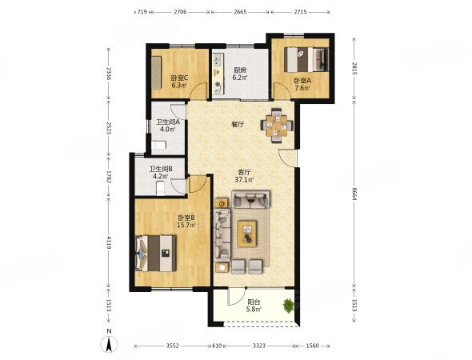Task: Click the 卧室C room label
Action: tap(179, 78)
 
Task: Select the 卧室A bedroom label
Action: tap(302, 81)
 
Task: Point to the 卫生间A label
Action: tap(168, 122)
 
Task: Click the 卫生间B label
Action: tap(161, 170)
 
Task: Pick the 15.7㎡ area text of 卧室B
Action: tap(186, 225)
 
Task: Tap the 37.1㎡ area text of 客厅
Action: tap(244, 180)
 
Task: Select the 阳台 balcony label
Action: tap(254, 302)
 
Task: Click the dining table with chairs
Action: tap(277, 126)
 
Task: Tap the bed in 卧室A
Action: tap(306, 59)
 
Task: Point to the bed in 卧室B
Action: tap(156, 254)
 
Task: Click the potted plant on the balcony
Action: tap(288, 306)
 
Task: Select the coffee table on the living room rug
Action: tap(247, 234)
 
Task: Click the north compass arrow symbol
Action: tap(109, 344)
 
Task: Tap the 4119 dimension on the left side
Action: tap(109, 242)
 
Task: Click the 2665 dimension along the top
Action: tap(240, 12)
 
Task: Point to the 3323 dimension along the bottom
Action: tap(258, 346)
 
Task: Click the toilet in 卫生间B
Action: tap(161, 190)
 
